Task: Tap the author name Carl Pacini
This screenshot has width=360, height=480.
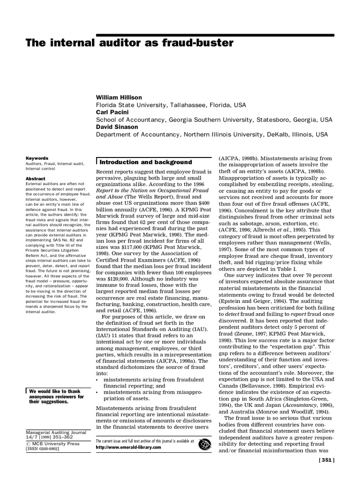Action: (112, 112)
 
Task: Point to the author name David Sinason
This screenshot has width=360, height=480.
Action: (117, 127)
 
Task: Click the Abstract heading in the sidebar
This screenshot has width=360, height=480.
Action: (35, 179)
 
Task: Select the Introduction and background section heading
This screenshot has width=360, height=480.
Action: (146, 162)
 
